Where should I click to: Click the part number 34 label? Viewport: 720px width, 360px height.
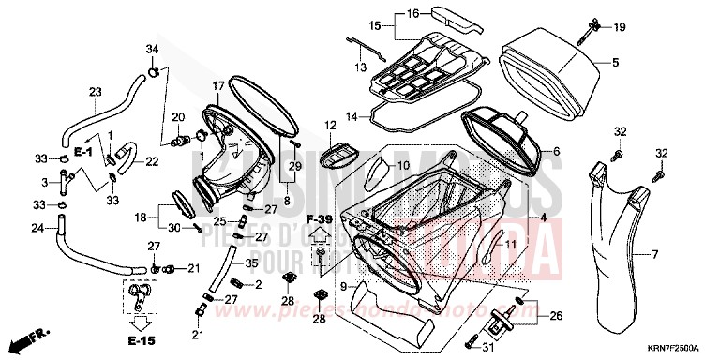coord(152,49)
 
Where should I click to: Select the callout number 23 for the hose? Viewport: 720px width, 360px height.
coord(95,92)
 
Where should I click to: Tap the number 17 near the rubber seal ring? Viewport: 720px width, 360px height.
coord(217,86)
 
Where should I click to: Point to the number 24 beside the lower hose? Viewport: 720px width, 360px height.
coord(37,228)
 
